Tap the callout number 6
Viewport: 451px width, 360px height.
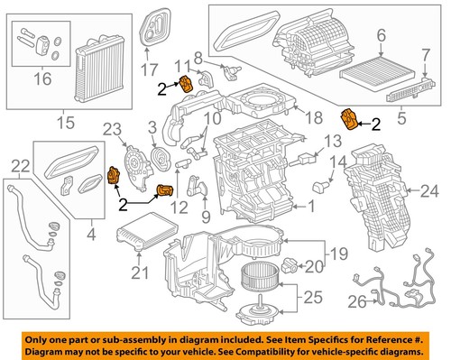[380, 35]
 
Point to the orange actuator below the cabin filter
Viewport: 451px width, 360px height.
[349, 119]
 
